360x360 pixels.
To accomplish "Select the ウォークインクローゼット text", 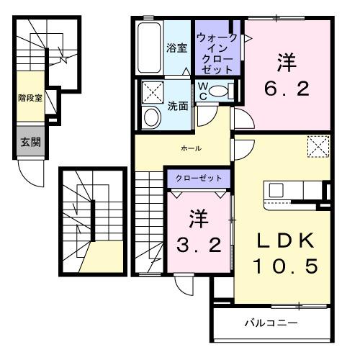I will pyautogui.click(x=217, y=50).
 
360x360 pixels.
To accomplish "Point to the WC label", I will pyautogui.click(x=204, y=91).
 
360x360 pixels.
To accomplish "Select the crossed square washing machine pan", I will pyautogui.click(x=153, y=92).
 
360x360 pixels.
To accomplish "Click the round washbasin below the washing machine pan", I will pyautogui.click(x=152, y=117).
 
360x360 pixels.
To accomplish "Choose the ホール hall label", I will pyautogui.click(x=191, y=148).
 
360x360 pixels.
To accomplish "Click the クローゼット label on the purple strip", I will pyautogui.click(x=199, y=177).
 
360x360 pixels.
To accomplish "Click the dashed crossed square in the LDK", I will pyautogui.click(x=318, y=148).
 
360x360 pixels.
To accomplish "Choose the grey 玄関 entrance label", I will pyautogui.click(x=30, y=140).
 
